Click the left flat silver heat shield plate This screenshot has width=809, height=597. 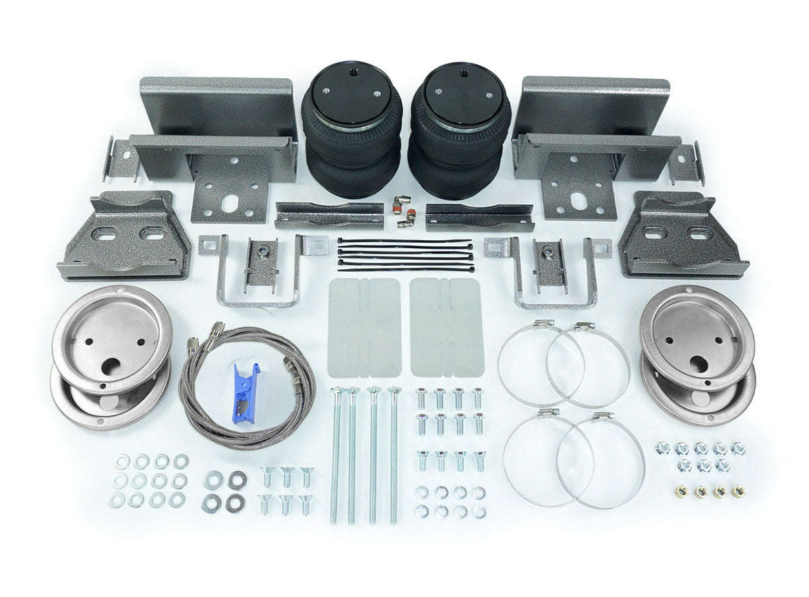364,327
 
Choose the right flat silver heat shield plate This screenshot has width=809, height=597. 446,327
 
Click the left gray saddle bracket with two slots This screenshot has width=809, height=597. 125,236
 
